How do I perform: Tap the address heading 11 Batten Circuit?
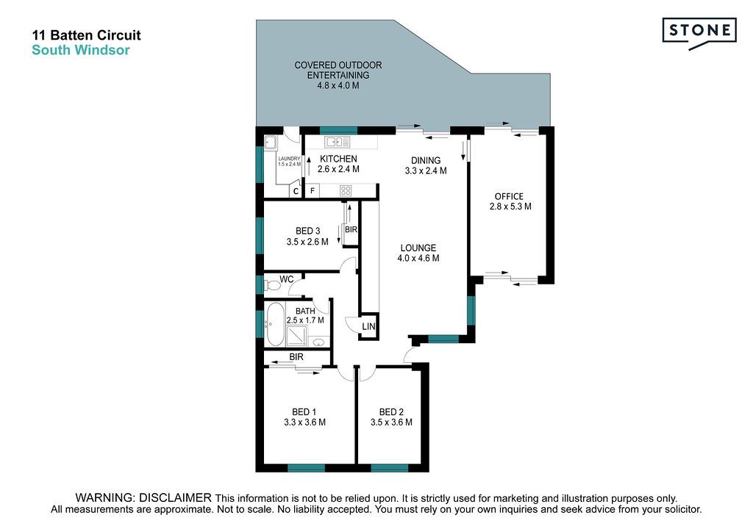click(87, 35)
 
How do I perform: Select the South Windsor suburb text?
click(81, 50)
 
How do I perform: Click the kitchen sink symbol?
click(338, 142)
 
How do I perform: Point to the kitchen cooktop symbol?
click(346, 191)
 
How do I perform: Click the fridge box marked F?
click(313, 191)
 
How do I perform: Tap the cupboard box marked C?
click(296, 191)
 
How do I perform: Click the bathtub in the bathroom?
click(275, 324)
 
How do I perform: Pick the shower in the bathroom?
click(297, 336)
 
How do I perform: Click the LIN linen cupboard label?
click(368, 327)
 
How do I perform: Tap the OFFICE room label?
click(509, 196)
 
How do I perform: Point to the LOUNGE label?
click(418, 248)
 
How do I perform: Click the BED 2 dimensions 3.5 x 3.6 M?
click(391, 422)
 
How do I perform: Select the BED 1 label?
click(304, 411)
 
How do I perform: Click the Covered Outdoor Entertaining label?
click(338, 75)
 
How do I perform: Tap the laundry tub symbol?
click(270, 142)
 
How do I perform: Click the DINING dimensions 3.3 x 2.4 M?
click(426, 170)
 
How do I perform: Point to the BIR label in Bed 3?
click(351, 229)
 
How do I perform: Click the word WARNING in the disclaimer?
click(102, 498)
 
